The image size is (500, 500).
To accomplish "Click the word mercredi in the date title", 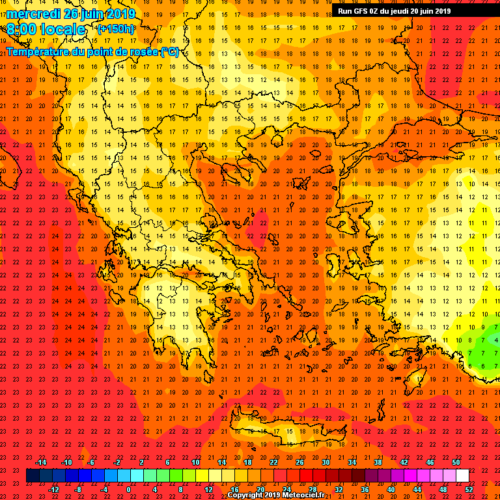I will click(x=32, y=14).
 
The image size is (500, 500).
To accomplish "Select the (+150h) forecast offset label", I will click(x=115, y=29).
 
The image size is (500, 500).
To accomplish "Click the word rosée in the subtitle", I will click(x=143, y=51).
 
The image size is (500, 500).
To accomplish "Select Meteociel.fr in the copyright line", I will click(x=303, y=495).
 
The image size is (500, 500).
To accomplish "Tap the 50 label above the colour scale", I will click(x=456, y=462).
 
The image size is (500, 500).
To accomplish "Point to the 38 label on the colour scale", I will click(x=378, y=462).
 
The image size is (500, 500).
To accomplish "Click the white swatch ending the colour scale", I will click(x=462, y=476).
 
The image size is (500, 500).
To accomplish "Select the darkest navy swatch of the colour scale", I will click(x=33, y=476).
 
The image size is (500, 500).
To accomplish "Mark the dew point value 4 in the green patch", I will click(x=497, y=340).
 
